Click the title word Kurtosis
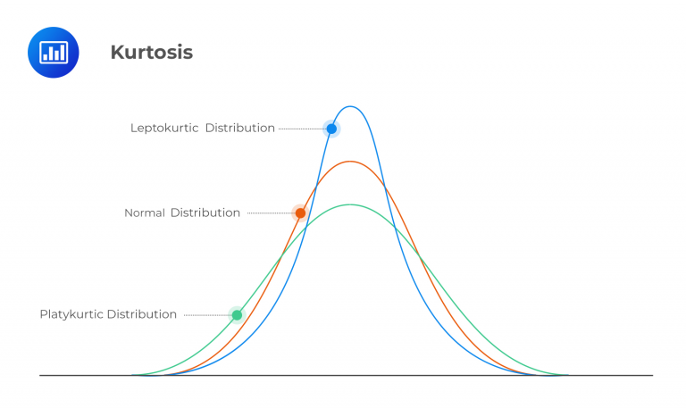151,53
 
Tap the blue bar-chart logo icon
54,52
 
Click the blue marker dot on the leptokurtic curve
331,129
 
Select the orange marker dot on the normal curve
300,212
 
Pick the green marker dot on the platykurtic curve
237,314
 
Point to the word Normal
145,212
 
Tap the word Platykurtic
71,314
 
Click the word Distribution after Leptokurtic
240,128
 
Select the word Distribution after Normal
205,212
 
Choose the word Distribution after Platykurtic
142,314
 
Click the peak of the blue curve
351,107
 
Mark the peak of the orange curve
351,162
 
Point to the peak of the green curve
351,204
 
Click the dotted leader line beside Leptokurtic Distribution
301,129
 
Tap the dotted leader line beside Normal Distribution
270,212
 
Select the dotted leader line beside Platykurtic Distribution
206,314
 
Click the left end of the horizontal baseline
41,375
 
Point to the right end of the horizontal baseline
651,375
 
